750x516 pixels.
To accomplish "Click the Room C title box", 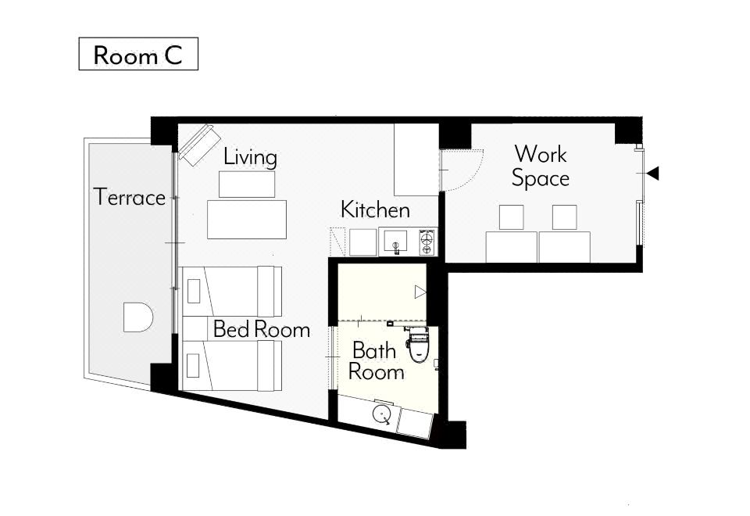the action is click(138, 54).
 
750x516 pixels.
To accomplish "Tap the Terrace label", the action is click(130, 197).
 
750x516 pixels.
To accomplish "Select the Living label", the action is click(250, 157).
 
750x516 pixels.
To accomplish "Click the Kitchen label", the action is click(376, 210).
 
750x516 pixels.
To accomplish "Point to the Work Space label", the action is click(541, 166).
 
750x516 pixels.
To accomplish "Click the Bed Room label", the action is click(262, 329).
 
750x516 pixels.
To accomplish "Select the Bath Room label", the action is click(376, 361).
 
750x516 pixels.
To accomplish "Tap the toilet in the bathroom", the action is click(417, 344).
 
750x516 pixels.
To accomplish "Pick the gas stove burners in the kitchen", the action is click(428, 242).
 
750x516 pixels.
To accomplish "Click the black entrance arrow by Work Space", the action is click(652, 174).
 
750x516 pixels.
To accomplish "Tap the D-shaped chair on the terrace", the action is click(137, 317).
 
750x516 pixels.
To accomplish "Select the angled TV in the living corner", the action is click(199, 145).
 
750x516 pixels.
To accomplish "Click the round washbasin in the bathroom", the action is click(382, 414).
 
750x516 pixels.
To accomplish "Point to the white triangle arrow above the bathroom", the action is click(420, 292).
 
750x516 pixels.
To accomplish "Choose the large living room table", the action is click(247, 220).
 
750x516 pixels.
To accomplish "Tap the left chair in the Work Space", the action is click(511, 217).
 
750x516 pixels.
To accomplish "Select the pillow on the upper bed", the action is click(194, 292).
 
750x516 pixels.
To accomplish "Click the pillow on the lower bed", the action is click(194, 366).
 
